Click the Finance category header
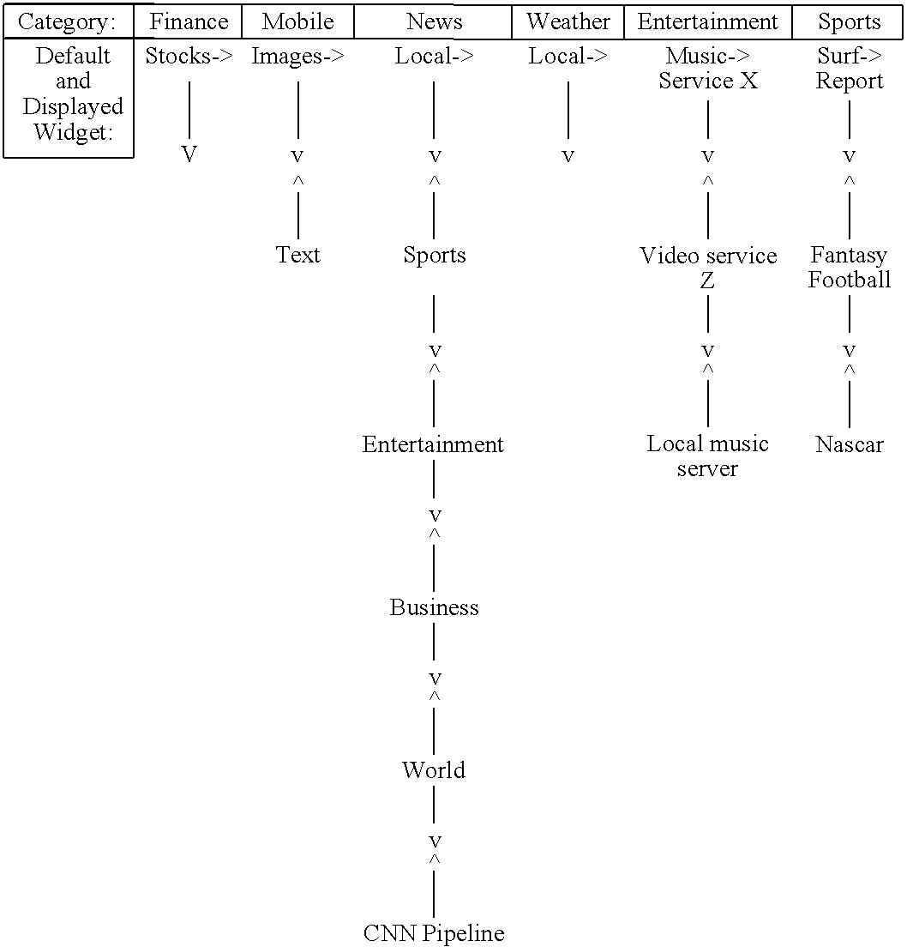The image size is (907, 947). point(189,21)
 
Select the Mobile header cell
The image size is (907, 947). point(297,21)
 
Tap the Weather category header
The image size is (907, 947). point(568,21)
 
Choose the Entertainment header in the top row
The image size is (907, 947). point(707,21)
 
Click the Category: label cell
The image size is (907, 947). point(68,21)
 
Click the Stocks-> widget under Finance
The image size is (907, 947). point(189,57)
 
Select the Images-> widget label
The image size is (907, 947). point(297,57)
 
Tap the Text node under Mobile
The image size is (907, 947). point(297,255)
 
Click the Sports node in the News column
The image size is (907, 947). point(435,255)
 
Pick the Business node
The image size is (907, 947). point(434,607)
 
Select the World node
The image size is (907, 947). point(434,769)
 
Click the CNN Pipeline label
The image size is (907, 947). point(434,932)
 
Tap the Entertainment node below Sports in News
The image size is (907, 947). point(433,444)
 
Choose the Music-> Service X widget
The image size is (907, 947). point(708,69)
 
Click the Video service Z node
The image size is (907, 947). point(708,267)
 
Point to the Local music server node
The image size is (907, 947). point(708,455)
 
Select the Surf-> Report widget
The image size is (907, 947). point(849,69)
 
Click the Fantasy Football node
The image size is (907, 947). point(849,267)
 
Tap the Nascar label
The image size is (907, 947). point(849,444)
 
